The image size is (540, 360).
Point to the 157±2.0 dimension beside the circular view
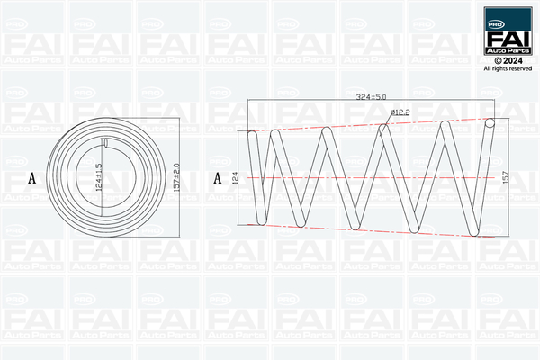tap(178, 177)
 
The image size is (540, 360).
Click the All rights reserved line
tap(508, 68)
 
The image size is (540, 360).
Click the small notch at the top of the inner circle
tap(106, 142)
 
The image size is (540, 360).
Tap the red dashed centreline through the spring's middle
tap(360, 178)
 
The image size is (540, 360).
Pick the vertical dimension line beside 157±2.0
tap(171, 177)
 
